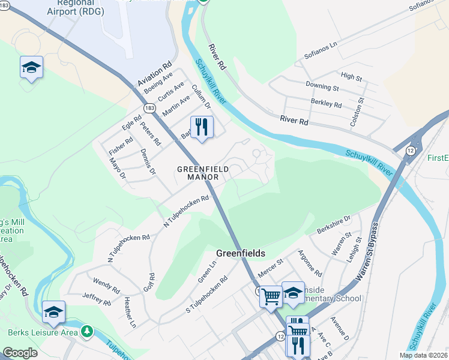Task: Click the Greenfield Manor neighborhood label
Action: coord(202,173)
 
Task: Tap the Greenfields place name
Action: coord(240,253)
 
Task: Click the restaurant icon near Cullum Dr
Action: coord(201,127)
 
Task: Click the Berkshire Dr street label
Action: coord(333,224)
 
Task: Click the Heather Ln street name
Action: coord(130,312)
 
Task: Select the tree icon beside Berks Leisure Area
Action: coord(87,331)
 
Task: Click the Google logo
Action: coord(20,353)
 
